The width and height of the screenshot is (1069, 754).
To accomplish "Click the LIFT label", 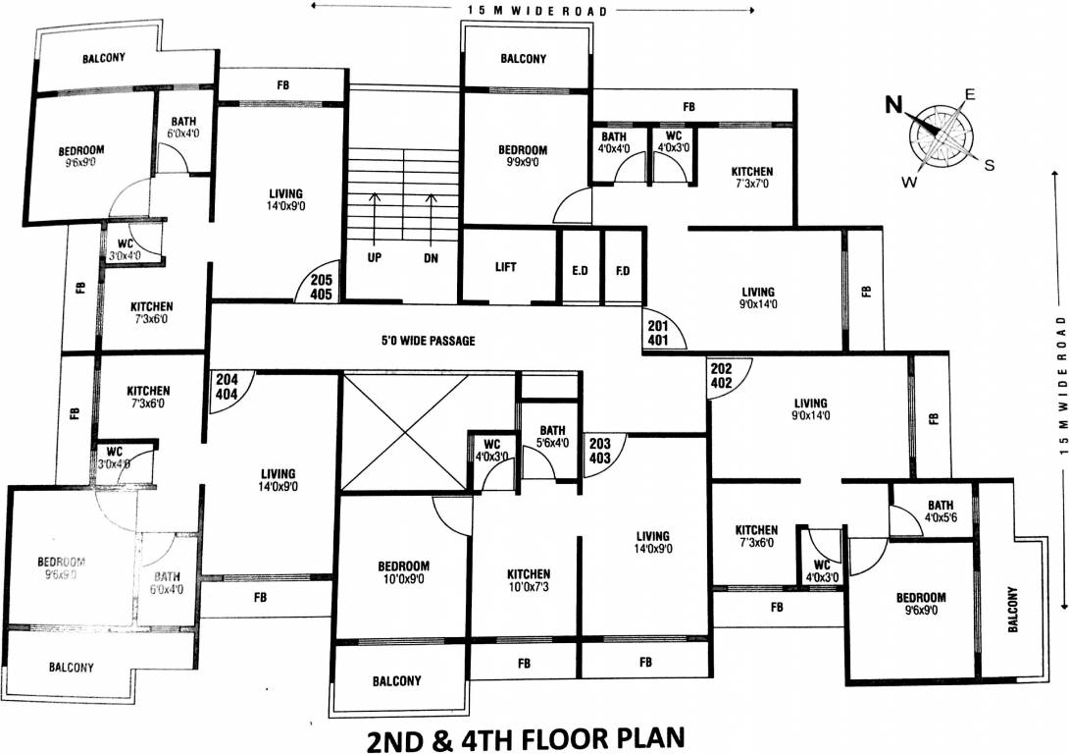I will (506, 267).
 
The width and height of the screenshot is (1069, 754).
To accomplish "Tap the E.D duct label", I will (579, 268).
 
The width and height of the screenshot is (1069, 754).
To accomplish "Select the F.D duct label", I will (623, 268).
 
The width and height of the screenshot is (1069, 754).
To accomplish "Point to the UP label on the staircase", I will (374, 259).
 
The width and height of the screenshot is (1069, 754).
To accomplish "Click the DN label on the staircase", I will (431, 259).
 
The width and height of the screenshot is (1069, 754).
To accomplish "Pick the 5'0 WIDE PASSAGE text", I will (428, 341).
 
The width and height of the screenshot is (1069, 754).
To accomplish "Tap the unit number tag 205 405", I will (322, 286).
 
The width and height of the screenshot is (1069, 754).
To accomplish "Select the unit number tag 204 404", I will (227, 384).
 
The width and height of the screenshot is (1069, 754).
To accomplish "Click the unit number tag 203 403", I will (600, 450).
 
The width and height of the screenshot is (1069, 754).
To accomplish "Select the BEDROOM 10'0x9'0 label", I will (404, 573).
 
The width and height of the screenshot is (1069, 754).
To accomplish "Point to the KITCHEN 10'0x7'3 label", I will (529, 580).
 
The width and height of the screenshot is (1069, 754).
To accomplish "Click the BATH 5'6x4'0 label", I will (552, 436).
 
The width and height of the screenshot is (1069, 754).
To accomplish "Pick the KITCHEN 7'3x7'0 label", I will (752, 178).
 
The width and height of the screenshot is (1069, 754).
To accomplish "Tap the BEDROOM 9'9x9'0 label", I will (523, 156).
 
